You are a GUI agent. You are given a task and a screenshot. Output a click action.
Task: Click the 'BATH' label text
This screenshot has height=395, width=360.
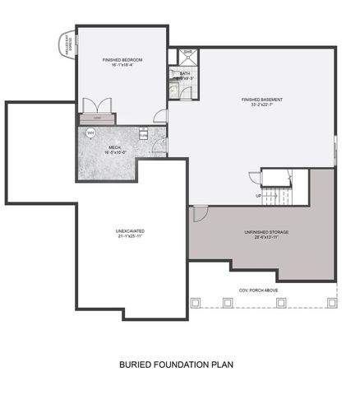[x=184, y=72]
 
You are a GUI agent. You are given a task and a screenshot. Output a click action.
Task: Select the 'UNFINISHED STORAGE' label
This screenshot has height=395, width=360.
[x=265, y=232]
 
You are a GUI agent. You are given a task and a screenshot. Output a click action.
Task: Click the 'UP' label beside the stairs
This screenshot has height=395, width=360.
[x=259, y=196]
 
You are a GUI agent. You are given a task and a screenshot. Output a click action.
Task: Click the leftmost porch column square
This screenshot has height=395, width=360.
[x=196, y=302]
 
